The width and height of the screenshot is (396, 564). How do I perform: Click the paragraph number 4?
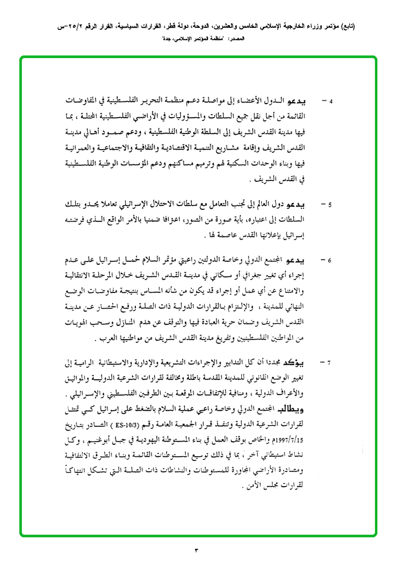coord(330,100)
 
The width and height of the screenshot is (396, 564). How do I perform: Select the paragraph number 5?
coord(330,205)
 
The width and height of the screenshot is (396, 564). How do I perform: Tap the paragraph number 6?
coord(330,260)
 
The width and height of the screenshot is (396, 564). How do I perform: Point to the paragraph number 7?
coord(330,362)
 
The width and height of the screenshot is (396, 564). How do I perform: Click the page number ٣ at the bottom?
coord(197,550)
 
